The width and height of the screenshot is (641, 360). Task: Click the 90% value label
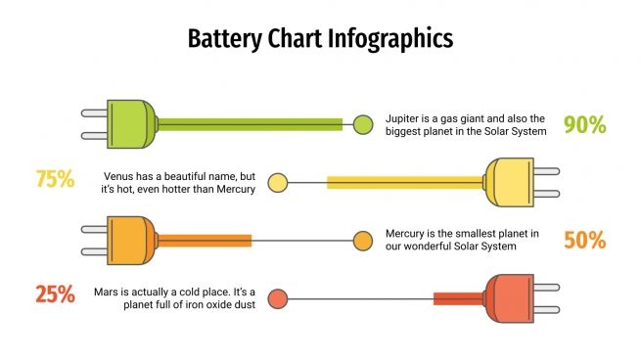[x=585, y=124]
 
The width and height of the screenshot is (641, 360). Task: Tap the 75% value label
[x=55, y=179]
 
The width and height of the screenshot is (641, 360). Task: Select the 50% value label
[x=585, y=240]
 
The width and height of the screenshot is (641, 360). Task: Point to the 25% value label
[x=55, y=293]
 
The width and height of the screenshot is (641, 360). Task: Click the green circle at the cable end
[x=363, y=124]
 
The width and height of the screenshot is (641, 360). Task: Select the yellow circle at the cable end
[x=278, y=182]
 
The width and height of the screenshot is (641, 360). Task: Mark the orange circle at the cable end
[x=363, y=241]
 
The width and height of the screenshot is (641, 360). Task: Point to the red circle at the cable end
[x=278, y=298]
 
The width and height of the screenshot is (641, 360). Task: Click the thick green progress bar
[x=250, y=124]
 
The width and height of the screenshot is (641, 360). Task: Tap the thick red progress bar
[x=459, y=298]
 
